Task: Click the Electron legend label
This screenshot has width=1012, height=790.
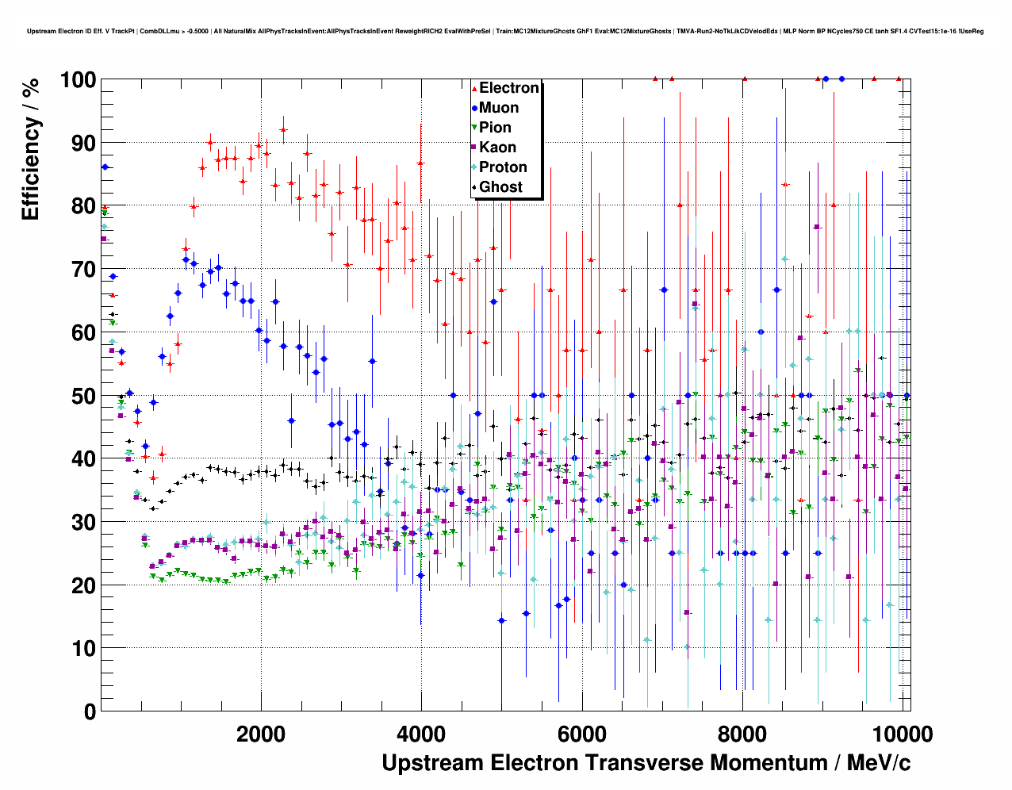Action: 509,88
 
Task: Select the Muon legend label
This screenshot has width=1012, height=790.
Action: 499,108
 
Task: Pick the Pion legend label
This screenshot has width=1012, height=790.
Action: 495,128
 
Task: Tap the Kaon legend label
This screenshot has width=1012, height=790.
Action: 497,148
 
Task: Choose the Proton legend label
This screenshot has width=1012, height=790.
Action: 503,167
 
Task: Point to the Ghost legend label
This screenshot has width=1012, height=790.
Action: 500,187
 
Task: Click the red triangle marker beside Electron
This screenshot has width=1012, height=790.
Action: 474,88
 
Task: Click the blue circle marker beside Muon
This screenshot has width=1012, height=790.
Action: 474,108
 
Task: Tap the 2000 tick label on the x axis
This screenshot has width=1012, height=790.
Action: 260,734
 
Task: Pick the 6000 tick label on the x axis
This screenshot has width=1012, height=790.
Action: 582,734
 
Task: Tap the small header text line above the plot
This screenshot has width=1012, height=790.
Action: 505,31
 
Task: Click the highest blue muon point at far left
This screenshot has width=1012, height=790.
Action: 105,167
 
